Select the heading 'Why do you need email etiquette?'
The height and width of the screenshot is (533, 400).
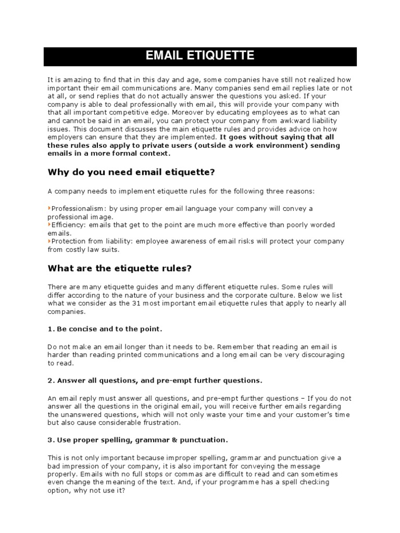[x=131, y=172]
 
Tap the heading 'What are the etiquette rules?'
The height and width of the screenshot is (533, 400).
[x=120, y=268]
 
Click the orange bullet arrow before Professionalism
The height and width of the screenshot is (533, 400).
[x=49, y=208]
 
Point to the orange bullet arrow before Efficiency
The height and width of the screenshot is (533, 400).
[x=49, y=225]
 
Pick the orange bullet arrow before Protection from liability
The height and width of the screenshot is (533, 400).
[x=49, y=242]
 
